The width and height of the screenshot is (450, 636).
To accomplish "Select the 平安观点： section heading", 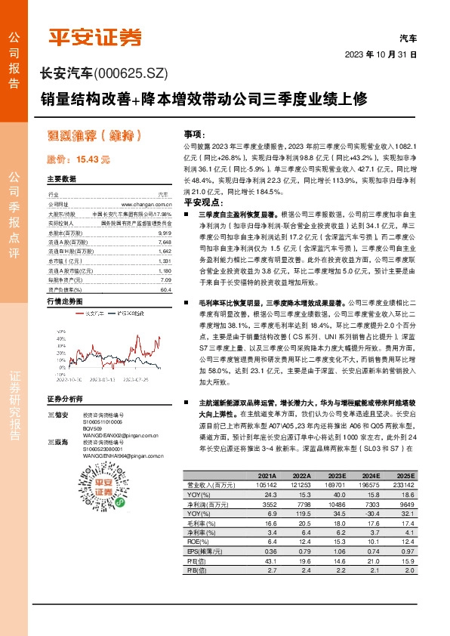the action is point(200,203).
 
